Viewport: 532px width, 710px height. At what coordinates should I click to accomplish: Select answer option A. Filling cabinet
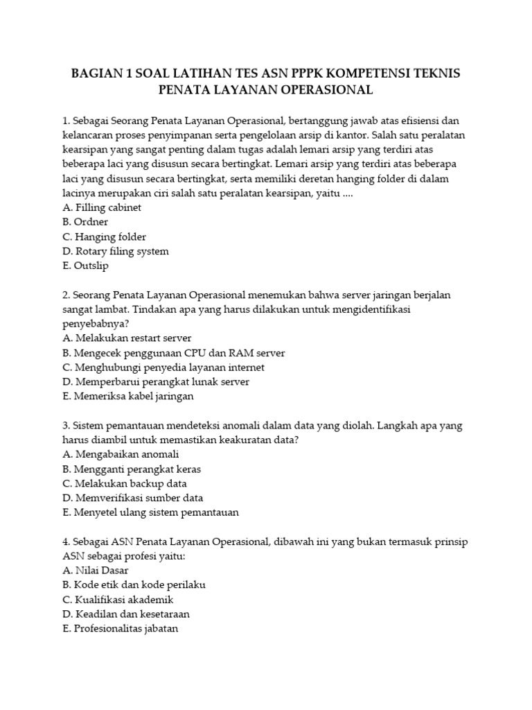[102, 207]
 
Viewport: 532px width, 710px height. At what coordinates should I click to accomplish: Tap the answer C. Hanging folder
[104, 236]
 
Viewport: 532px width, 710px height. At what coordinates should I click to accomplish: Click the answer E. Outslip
[85, 266]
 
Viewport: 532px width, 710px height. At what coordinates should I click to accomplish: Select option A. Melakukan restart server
[127, 338]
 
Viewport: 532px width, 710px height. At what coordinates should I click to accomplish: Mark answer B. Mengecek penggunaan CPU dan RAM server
[173, 353]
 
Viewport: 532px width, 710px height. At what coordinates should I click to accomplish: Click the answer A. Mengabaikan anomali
[121, 454]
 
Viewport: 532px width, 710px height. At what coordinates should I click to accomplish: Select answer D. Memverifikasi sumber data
[133, 498]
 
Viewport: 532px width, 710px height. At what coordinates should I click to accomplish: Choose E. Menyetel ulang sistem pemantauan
[150, 512]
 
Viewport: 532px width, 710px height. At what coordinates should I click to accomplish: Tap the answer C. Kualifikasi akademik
[118, 600]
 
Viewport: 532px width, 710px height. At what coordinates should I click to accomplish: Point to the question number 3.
[65, 426]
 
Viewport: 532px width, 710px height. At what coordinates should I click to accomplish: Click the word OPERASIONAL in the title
[320, 90]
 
